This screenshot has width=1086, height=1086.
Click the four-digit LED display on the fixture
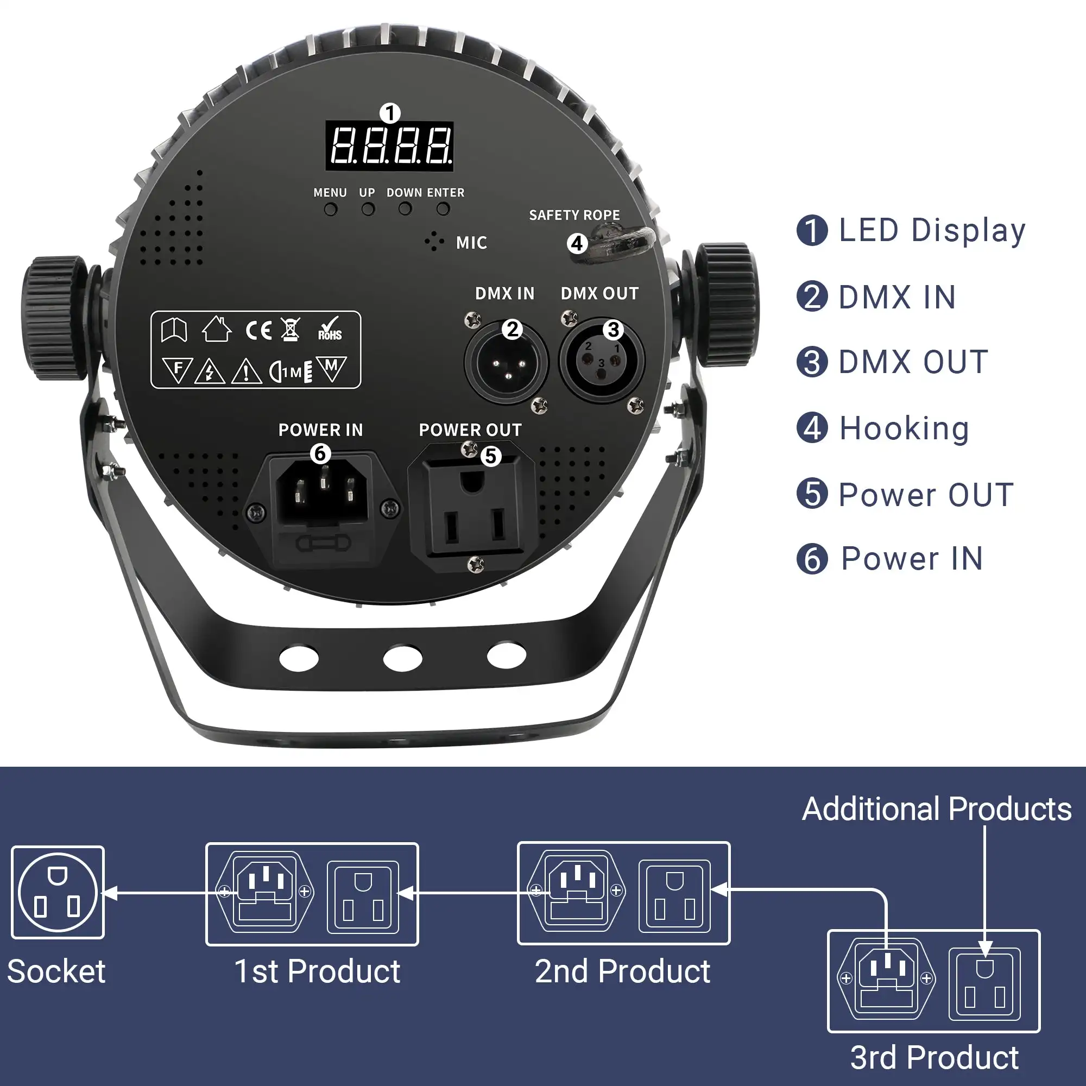389,146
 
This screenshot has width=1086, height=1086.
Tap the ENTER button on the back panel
443,209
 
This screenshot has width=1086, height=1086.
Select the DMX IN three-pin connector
506,362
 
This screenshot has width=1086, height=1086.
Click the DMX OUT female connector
602,360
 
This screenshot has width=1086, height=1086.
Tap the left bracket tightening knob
54,318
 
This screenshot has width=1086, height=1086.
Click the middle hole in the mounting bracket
402,658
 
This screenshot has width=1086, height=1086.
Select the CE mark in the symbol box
258,331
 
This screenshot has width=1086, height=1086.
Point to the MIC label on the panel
471,243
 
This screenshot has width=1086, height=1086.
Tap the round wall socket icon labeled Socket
58,892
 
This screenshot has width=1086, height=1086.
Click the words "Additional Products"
937,809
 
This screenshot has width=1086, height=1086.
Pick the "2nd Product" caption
622,971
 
